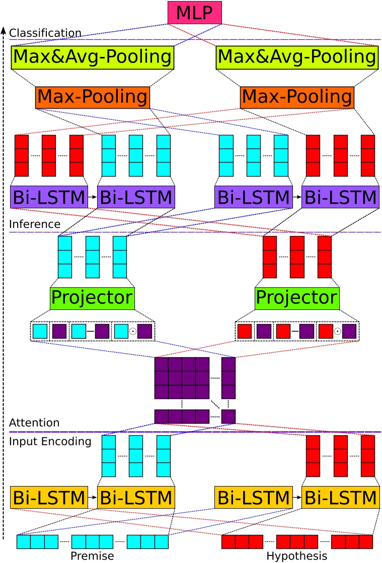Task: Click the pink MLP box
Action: click(x=195, y=13)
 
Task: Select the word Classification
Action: click(x=45, y=33)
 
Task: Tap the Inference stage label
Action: click(x=35, y=224)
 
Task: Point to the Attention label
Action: click(x=34, y=423)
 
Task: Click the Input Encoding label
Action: click(x=50, y=442)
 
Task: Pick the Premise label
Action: click(x=92, y=556)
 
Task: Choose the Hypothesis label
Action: click(x=297, y=556)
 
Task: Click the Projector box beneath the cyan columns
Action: click(x=92, y=298)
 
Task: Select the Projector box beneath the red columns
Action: click(x=297, y=298)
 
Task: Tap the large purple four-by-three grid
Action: click(x=182, y=378)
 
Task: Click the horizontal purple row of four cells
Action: click(x=182, y=417)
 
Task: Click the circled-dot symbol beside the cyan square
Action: click(x=133, y=332)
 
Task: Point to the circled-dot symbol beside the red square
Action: click(x=338, y=332)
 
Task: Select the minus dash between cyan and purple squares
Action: click(x=91, y=332)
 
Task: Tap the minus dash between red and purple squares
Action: click(x=295, y=332)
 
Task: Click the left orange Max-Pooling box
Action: click(x=93, y=97)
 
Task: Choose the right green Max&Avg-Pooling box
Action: click(x=297, y=57)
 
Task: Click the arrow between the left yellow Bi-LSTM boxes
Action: click(x=93, y=498)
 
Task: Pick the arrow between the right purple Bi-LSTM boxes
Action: click(x=297, y=197)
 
